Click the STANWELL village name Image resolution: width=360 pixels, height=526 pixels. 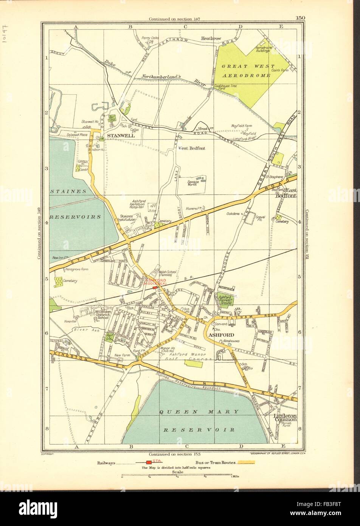pyautogui.click(x=119, y=135)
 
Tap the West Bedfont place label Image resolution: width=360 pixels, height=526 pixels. pyautogui.click(x=191, y=148)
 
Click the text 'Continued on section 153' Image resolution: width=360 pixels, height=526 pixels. pyautogui.click(x=174, y=454)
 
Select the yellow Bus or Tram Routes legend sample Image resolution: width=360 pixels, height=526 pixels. pyautogui.click(x=245, y=462)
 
